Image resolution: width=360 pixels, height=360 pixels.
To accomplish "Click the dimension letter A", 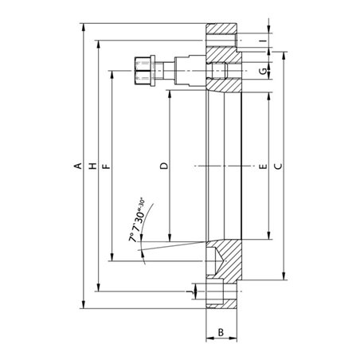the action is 78,166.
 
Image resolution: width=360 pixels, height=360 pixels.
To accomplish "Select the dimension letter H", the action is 93,166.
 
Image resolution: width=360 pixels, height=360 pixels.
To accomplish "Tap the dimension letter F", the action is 106,166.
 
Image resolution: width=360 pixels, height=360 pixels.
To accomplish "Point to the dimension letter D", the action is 164,166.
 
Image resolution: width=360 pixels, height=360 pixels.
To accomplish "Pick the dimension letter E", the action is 263,166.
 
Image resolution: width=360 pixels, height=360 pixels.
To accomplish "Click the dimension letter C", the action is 278,166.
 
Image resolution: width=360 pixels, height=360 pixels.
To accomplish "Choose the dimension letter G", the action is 263,71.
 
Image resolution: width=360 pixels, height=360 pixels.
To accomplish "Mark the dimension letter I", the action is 263,41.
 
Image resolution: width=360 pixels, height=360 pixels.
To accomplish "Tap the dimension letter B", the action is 221,332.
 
